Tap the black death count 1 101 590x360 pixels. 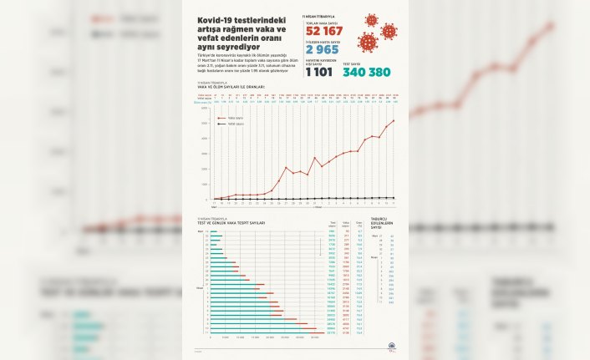point(318,72)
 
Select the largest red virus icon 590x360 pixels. point(367,41)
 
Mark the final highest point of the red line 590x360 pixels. point(394,120)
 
